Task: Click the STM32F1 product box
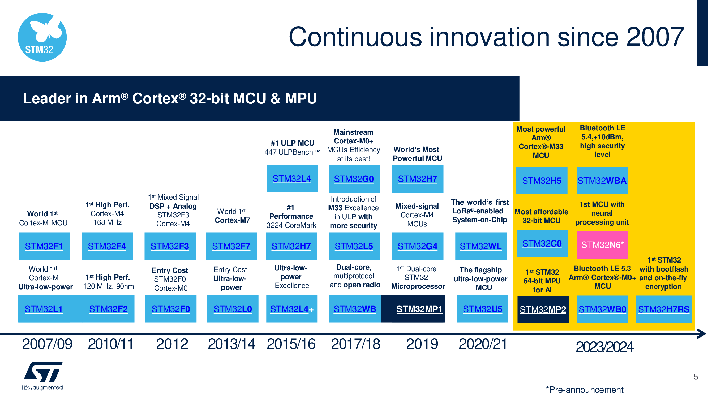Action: coord(44,246)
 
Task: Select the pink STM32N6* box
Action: coord(602,245)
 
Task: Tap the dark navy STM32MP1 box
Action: coord(413,309)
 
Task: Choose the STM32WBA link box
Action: coord(602,181)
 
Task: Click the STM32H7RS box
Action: coord(664,309)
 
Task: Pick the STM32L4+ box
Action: coord(291,309)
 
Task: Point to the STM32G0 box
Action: coord(354,179)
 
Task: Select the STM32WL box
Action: coord(481,246)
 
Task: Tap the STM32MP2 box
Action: coord(543,309)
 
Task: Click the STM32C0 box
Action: coord(542,243)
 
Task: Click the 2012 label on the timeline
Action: coord(172,344)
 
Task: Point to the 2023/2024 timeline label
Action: coord(605,347)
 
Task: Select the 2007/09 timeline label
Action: coord(47,344)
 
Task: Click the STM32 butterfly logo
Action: coord(42,37)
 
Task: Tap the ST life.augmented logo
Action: coord(42,375)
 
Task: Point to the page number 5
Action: coord(696,377)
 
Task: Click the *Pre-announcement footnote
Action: coord(585,390)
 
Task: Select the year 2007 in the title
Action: coord(655,37)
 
